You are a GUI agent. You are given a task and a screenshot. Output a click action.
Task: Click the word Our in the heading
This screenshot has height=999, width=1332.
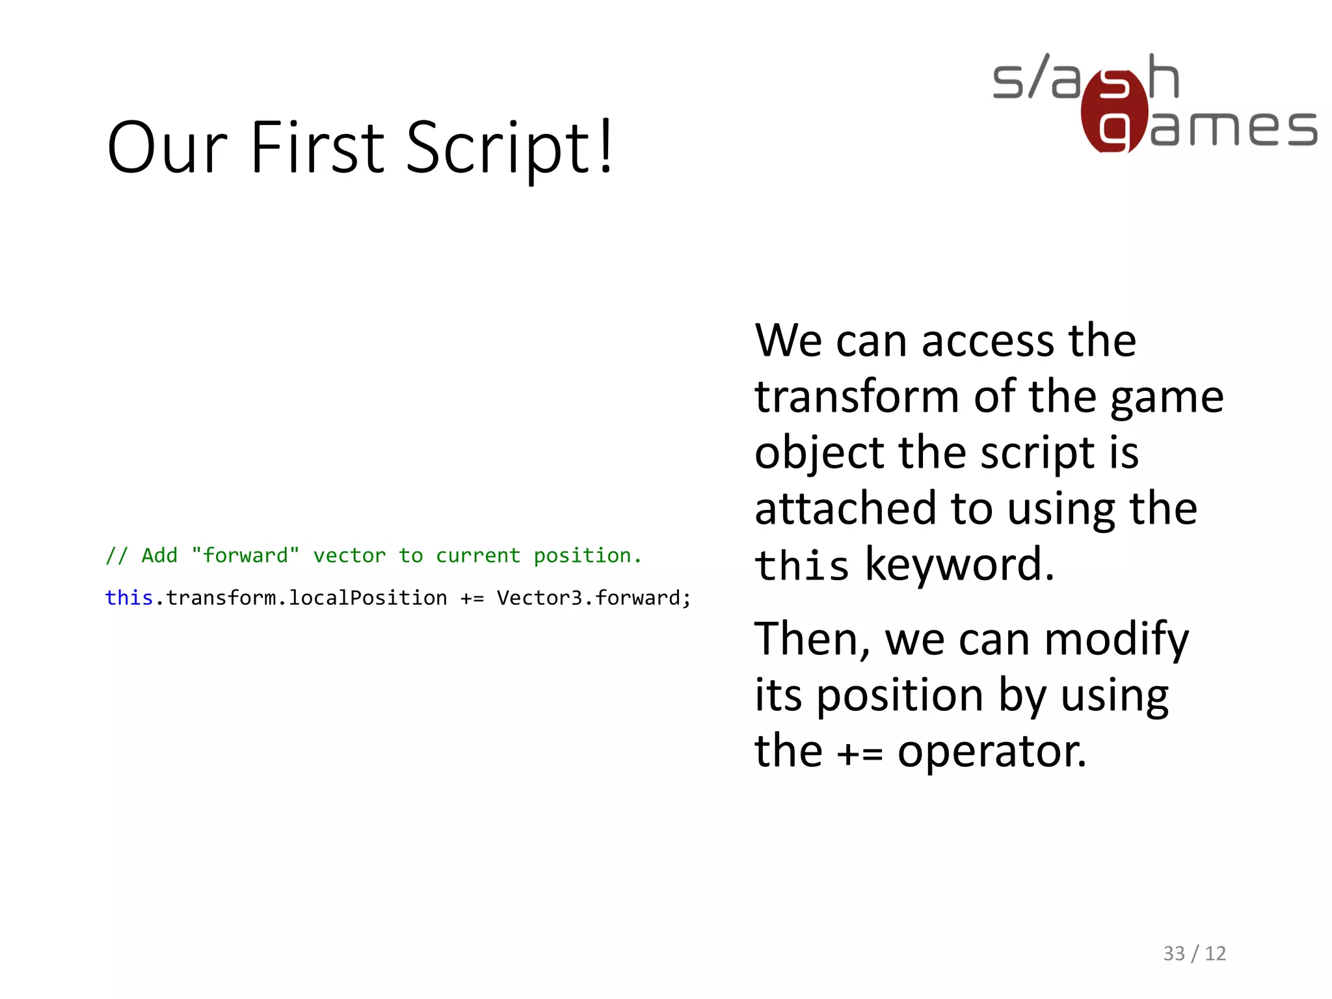click(x=167, y=148)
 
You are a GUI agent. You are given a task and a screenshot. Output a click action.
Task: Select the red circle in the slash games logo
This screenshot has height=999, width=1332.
click(x=1114, y=112)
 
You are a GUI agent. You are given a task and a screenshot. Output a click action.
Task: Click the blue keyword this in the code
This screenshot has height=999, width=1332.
click(x=129, y=598)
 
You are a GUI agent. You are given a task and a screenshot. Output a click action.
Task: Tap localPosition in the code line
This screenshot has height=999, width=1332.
click(x=367, y=598)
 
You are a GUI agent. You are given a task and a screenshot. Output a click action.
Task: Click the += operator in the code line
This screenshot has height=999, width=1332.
click(x=472, y=598)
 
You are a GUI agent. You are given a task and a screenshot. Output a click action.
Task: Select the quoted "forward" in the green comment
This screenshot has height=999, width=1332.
click(x=245, y=555)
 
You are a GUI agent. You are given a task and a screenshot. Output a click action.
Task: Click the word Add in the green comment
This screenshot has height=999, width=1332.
click(x=159, y=555)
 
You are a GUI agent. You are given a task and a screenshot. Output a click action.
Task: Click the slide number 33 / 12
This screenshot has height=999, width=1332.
click(x=1194, y=953)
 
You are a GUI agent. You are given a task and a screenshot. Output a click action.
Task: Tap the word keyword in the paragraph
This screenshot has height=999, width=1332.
click(x=959, y=565)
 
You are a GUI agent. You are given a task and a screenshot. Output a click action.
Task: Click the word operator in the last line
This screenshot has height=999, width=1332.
click(x=991, y=752)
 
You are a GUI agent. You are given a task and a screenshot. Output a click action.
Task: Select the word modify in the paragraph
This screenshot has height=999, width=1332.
click(x=1116, y=640)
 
